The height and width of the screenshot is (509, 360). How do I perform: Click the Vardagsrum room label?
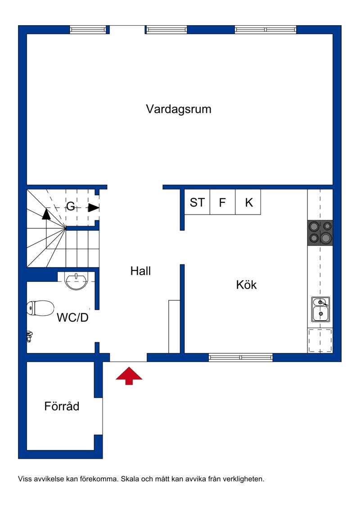point(179,109)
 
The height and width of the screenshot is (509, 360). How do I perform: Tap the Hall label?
point(141,271)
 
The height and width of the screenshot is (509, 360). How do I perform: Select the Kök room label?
point(246,285)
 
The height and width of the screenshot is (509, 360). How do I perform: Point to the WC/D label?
point(72,317)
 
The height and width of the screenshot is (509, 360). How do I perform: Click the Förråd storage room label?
point(62,406)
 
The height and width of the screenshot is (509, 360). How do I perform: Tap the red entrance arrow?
point(129,376)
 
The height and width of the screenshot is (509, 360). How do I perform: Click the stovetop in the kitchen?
point(320,233)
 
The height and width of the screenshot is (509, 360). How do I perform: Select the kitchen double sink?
point(321,309)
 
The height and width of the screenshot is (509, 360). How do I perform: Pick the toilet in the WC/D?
point(40,308)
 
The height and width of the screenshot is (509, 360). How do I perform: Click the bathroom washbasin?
point(76,281)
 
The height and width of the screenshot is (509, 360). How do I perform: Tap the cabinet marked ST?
point(197,202)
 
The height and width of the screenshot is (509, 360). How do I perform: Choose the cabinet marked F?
point(223,202)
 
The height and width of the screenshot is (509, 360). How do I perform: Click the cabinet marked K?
point(248,202)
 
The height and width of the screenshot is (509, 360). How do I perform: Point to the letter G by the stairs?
point(71,206)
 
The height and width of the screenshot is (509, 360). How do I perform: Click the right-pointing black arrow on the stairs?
point(94,208)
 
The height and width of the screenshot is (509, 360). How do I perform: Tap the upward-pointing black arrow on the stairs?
point(46,214)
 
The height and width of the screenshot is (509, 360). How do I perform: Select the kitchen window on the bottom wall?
point(240,357)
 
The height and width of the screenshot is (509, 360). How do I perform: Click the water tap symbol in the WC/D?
point(30,336)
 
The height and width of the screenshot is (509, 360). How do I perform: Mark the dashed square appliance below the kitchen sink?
point(320,340)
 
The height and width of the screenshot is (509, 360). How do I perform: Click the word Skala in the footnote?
point(129,479)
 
